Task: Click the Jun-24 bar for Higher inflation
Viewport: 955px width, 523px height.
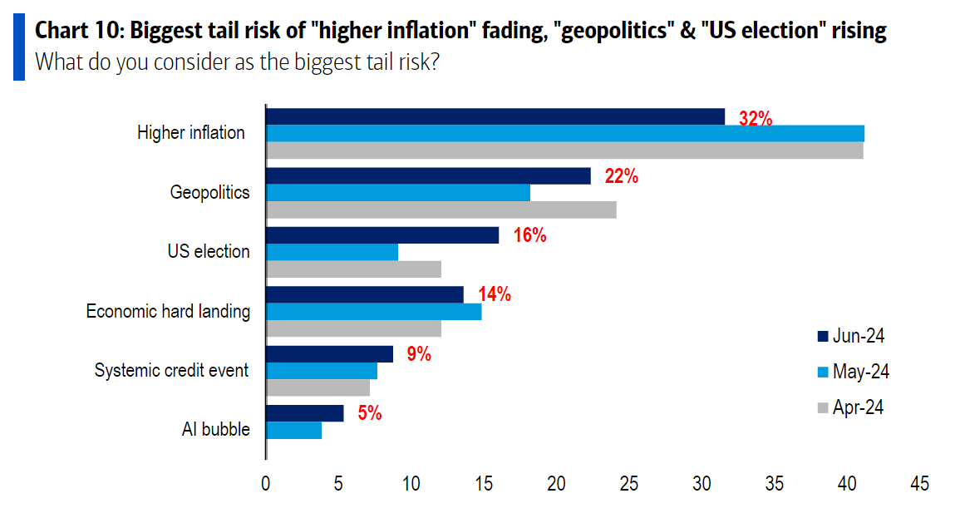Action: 495,116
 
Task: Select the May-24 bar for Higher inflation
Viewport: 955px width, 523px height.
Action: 564,133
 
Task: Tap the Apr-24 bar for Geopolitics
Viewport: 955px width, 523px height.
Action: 441,210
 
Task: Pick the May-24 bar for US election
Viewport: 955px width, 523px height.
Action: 332,252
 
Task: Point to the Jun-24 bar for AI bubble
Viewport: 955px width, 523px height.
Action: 304,413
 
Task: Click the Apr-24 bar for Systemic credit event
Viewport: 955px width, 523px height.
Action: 318,387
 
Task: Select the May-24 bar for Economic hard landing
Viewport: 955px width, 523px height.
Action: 373,311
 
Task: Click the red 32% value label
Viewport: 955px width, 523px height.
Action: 756,119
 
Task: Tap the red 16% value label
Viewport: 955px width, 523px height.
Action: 529,235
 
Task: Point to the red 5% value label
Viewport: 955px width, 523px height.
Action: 369,412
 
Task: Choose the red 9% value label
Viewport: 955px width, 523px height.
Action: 418,353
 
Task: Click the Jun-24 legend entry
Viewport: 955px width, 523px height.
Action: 851,336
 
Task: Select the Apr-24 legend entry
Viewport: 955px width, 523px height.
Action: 851,407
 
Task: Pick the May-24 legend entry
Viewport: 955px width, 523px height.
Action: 853,372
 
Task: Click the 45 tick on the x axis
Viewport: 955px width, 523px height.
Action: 919,483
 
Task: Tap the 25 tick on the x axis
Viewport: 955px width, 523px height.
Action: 628,483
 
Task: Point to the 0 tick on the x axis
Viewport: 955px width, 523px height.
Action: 266,483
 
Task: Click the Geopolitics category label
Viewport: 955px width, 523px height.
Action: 209,192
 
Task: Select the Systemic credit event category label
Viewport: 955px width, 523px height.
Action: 171,370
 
